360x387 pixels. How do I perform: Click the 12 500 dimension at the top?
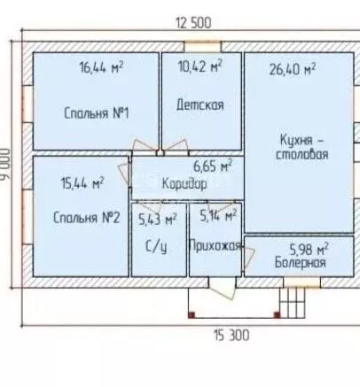coord(193,23)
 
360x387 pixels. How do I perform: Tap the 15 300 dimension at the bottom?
coord(231,336)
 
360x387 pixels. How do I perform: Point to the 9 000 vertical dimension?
coord(5,164)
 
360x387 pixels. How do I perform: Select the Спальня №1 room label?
coord(97,113)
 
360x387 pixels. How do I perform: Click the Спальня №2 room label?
coord(87,218)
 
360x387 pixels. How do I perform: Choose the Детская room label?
coord(200,104)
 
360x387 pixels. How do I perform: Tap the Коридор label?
coord(184,184)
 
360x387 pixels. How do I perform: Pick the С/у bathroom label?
coord(156,247)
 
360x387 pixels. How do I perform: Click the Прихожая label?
coord(215,245)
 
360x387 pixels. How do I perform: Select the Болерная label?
coord(301,262)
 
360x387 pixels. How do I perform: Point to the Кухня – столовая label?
coord(301,147)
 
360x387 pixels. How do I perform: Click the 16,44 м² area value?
coord(101,67)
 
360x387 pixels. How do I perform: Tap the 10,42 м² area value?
coord(200,66)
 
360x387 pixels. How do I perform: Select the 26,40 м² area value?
coord(293,69)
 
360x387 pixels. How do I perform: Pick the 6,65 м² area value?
coord(213,166)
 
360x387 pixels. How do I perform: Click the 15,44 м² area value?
coord(82,183)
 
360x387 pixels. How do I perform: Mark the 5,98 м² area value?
coord(309,250)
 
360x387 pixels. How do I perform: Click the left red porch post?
coord(192,314)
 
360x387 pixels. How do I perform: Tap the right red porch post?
coord(277,314)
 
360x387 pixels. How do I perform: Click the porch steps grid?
coord(293,303)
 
